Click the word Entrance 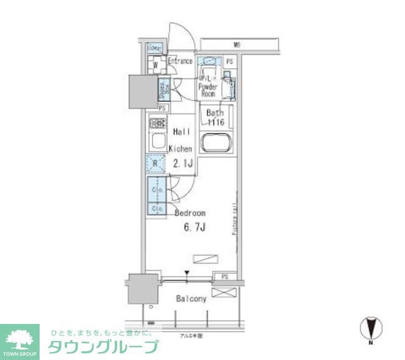[180, 61]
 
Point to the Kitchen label [180, 149]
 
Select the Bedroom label [190, 214]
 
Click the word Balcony [191, 299]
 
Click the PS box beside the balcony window [225, 277]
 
